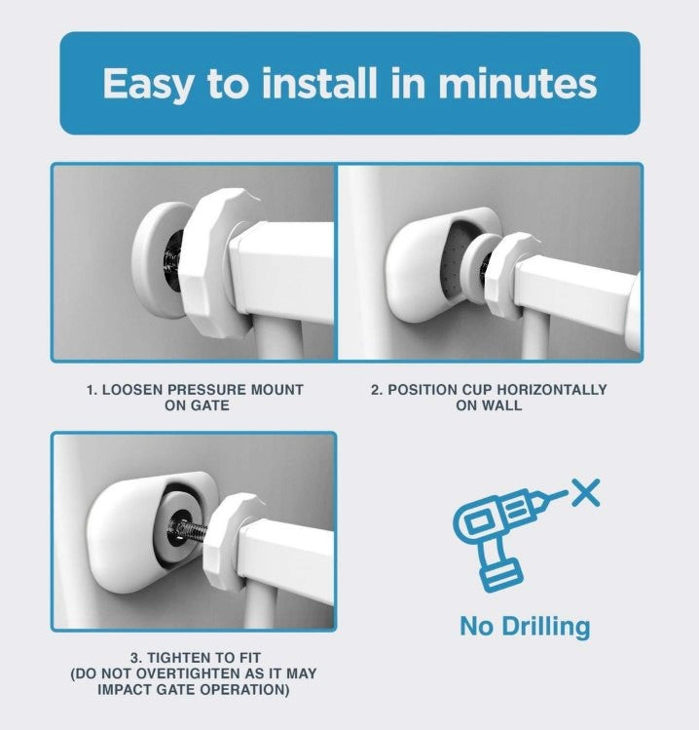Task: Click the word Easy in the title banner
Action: point(147,84)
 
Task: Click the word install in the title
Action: point(319,83)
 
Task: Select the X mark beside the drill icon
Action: point(585,492)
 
